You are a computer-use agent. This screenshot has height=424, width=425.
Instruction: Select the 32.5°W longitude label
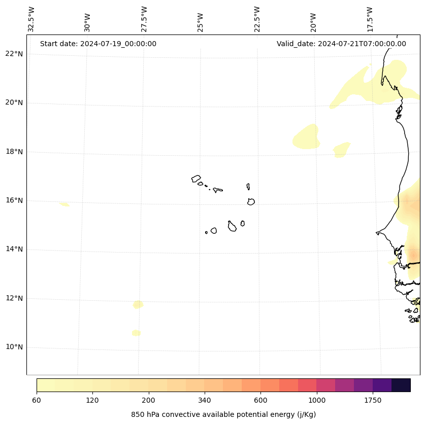pos(31,19)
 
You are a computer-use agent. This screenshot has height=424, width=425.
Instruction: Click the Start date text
pos(98,44)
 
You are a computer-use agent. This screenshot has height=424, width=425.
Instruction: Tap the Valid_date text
pos(341,44)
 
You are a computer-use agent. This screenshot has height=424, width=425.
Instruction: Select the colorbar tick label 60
pos(37,401)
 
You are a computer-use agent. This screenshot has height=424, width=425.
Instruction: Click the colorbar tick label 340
pos(205,401)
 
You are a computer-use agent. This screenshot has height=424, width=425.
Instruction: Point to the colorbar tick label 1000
pos(317,401)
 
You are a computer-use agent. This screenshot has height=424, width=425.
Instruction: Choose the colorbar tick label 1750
pos(373,401)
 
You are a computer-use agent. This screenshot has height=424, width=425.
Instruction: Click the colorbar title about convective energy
pos(223,414)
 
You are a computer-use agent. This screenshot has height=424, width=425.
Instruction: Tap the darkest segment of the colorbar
pos(401,385)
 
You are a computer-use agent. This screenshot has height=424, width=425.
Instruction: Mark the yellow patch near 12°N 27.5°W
pos(138,304)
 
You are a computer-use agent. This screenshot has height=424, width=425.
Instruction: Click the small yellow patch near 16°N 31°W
pos(64,204)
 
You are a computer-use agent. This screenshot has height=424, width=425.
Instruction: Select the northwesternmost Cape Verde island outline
pos(196,179)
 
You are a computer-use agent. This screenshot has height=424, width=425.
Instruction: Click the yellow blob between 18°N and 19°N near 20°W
pos(307,137)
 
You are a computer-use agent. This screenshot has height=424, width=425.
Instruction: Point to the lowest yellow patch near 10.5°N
pos(136,333)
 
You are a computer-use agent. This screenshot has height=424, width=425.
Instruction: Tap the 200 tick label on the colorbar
pos(149,401)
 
